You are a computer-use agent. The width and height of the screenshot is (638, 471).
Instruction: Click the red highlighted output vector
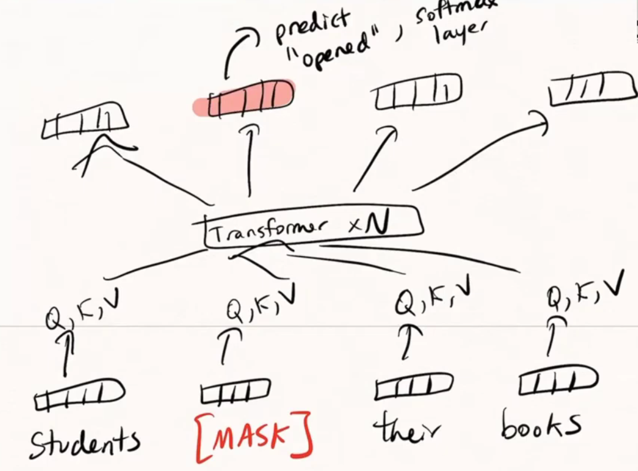coord(244,98)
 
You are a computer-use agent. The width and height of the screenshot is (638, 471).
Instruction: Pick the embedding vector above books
coord(558,382)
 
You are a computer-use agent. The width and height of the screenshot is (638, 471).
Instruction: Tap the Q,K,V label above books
coord(583,292)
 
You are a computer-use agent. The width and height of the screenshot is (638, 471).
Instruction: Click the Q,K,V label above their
coord(435,299)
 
